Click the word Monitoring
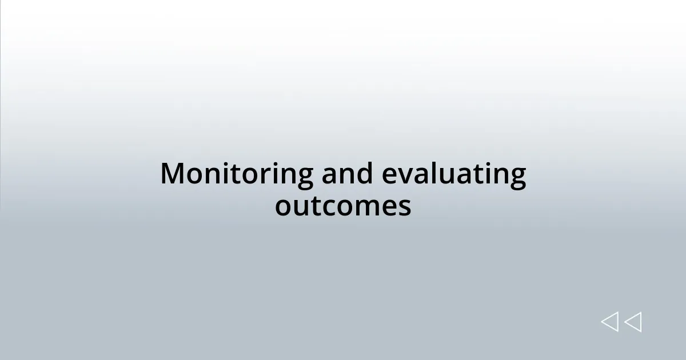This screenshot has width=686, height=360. (x=237, y=174)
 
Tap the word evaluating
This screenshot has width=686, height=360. (x=453, y=174)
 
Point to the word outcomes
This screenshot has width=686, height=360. (x=343, y=206)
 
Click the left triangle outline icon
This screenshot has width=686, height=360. (x=609, y=322)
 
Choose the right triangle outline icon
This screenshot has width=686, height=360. (x=633, y=322)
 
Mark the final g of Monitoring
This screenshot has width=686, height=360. (x=304, y=177)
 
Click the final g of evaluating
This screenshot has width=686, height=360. (x=517, y=177)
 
